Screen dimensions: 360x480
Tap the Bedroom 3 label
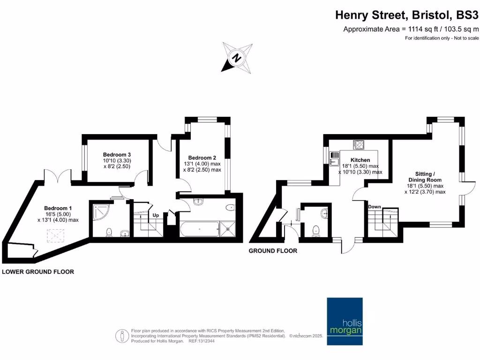117,155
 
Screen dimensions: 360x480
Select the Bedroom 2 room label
202,157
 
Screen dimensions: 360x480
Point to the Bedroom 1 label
58,208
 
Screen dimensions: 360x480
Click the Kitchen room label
360,160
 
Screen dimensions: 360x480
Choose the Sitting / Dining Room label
425,176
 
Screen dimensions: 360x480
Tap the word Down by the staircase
375,207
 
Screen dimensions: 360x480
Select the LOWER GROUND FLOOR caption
38,272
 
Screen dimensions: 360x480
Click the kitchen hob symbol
359,144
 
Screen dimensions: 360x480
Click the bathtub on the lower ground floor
199,229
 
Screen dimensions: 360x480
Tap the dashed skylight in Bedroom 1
57,235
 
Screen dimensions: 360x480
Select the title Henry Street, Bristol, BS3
407,15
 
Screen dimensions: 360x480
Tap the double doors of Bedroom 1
57,177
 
